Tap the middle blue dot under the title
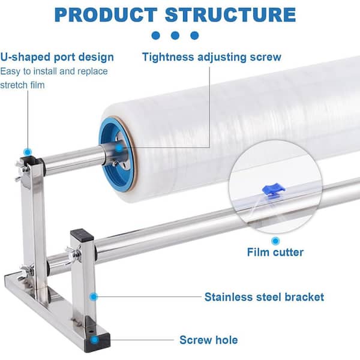coord(175,35)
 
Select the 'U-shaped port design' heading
coord(57,58)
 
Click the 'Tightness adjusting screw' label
coord(212,58)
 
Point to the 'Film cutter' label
coord(275,252)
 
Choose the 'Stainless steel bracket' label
coord(264,296)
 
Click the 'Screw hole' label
coord(208,340)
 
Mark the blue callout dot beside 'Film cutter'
coord(275,240)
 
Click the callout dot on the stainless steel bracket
coord(93,296)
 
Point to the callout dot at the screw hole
coord(95,340)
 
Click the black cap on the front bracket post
coord(80,236)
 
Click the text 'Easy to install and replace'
coord(54,71)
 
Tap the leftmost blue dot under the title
coord(155,35)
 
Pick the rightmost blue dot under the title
coord(194,35)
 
